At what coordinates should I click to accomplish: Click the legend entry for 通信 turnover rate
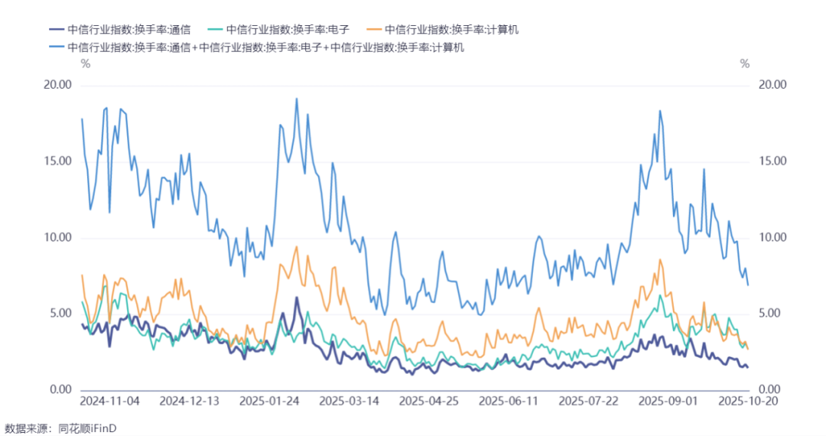click(x=119, y=30)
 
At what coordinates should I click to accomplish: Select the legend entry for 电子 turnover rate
click(x=278, y=30)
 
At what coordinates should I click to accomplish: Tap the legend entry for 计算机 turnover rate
click(x=443, y=30)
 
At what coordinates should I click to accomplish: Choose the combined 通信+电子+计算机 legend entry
click(x=257, y=47)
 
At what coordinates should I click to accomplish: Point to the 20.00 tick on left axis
click(x=57, y=85)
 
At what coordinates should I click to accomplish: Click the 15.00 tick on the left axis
click(x=57, y=161)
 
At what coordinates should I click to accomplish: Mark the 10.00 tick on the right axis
click(x=772, y=237)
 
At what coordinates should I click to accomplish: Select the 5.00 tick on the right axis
click(x=769, y=314)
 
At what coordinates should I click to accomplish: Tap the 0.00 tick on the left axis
click(x=60, y=389)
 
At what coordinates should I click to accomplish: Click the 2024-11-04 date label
click(x=109, y=402)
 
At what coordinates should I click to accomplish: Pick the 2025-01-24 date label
click(x=269, y=402)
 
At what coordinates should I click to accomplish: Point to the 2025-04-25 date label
click(x=429, y=402)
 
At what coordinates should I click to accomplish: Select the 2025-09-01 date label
click(x=668, y=402)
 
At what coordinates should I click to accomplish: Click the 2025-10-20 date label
click(x=748, y=402)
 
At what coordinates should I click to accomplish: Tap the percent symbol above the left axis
click(x=86, y=63)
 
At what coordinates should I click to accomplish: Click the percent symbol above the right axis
click(x=744, y=63)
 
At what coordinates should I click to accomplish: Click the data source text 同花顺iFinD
click(x=87, y=428)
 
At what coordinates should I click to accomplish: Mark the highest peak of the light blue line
click(x=297, y=99)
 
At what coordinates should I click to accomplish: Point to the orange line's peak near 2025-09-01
click(x=659, y=259)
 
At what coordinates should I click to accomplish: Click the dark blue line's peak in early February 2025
click(x=297, y=298)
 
